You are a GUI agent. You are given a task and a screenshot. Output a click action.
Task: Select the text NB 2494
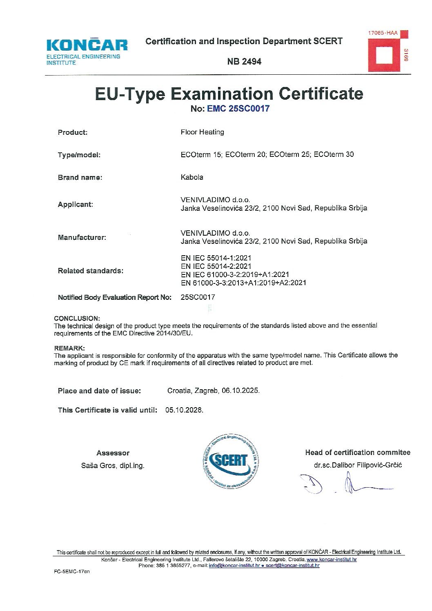(244, 62)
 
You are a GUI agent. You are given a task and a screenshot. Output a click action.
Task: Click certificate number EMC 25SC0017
(238, 109)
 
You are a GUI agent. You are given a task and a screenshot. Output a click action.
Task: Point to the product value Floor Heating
(202, 132)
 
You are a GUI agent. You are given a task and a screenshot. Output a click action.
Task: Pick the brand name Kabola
(192, 177)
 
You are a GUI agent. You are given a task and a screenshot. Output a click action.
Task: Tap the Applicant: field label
(76, 205)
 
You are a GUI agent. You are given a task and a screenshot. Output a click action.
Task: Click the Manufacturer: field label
(82, 238)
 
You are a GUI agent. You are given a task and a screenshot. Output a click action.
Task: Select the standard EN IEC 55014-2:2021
(216, 266)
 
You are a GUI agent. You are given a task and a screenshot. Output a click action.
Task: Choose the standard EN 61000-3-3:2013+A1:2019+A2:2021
(243, 283)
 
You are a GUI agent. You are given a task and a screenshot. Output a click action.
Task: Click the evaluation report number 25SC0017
(198, 297)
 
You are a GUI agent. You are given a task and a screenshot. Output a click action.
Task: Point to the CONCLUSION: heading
(77, 318)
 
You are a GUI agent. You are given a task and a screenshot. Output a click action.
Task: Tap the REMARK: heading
(69, 348)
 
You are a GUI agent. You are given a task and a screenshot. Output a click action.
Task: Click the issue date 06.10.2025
(240, 391)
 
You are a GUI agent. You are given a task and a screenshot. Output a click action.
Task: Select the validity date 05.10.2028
(184, 410)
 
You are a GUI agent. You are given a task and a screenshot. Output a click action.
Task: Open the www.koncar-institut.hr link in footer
(332, 560)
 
